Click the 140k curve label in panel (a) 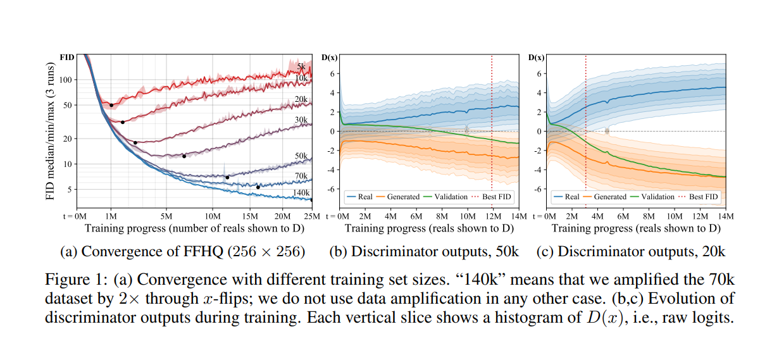[x=300, y=192]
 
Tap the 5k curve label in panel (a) [x=302, y=66]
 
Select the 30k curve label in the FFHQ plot [x=301, y=120]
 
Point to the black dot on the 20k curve [x=135, y=143]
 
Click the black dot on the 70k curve [x=258, y=187]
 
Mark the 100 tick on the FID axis [x=65, y=80]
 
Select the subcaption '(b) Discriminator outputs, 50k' [x=423, y=251]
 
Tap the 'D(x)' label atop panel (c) [x=537, y=58]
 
